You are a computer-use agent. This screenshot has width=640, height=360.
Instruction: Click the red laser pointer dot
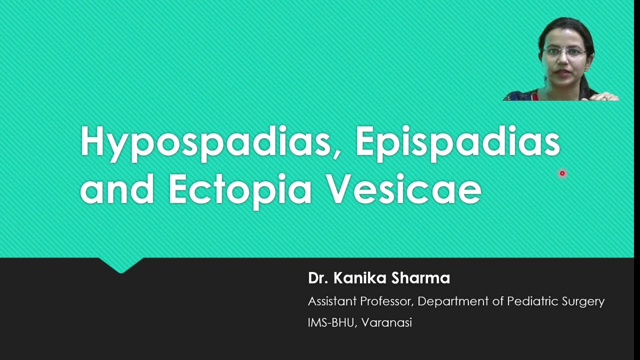click(562, 173)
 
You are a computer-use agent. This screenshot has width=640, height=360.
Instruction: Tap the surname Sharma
click(421, 278)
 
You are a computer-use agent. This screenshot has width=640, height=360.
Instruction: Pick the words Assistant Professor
click(358, 301)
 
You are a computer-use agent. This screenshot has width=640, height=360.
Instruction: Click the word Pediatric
click(530, 301)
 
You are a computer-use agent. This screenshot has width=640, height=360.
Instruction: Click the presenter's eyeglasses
click(564, 51)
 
